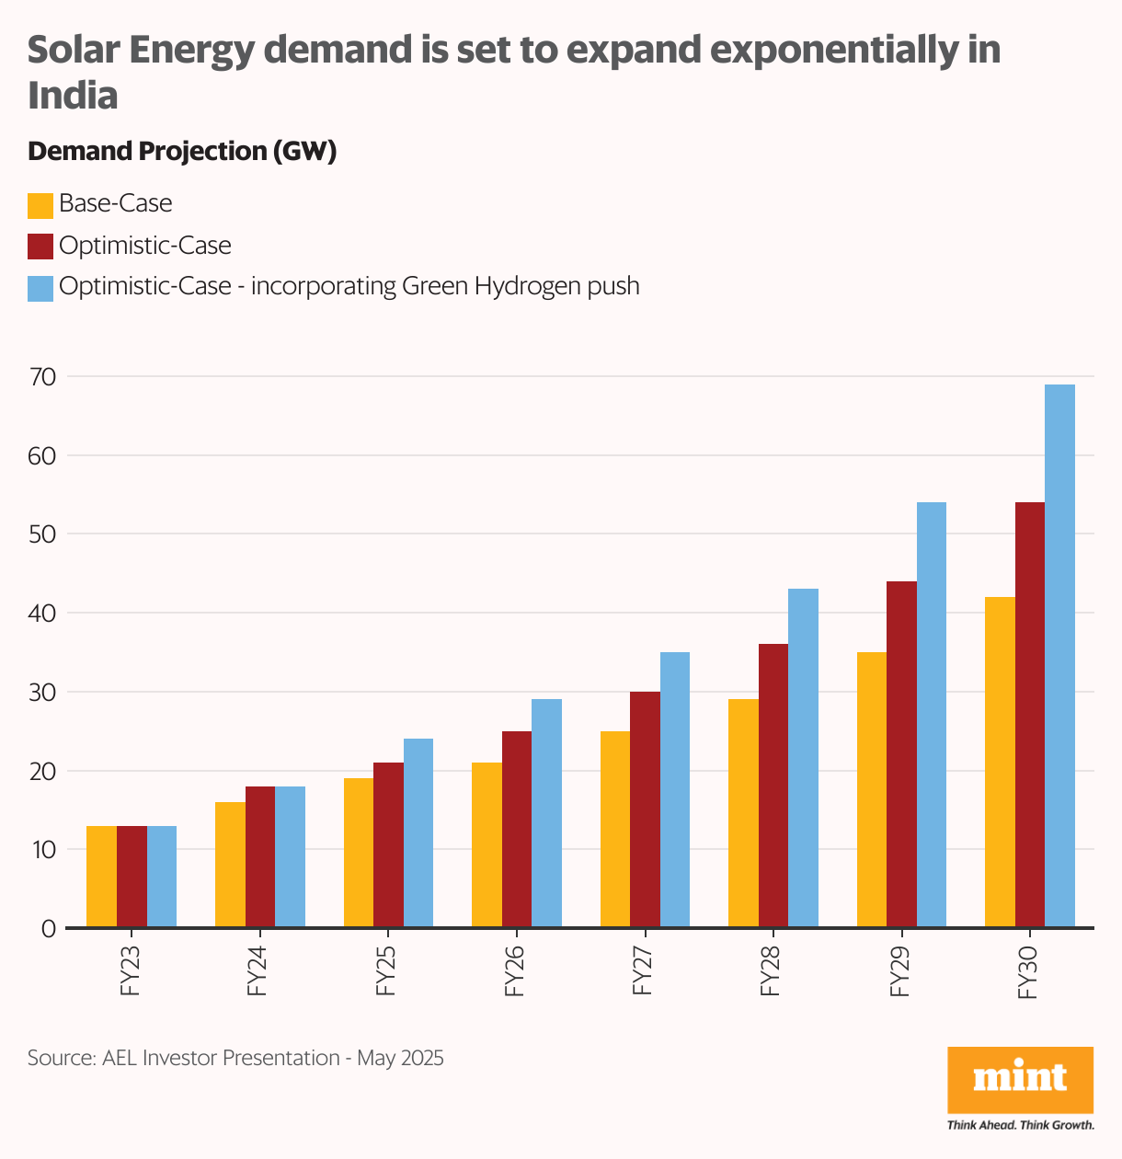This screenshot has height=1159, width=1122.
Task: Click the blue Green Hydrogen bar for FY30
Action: (1059, 655)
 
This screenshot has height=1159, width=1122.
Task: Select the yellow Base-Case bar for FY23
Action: (101, 877)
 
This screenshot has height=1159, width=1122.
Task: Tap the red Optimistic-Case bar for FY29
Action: (901, 754)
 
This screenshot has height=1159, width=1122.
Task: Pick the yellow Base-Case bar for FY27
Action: (615, 829)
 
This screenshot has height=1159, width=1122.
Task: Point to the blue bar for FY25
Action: (418, 832)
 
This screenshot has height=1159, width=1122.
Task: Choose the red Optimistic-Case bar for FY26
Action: (517, 829)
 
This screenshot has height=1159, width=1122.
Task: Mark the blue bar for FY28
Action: (803, 758)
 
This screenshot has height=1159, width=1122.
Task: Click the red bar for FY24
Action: (260, 856)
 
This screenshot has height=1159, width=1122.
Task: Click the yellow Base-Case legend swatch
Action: (40, 205)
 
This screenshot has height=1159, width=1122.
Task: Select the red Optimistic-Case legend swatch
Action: (40, 247)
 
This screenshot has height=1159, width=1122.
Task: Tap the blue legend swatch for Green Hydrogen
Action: (40, 288)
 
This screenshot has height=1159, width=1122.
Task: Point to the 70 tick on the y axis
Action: (43, 377)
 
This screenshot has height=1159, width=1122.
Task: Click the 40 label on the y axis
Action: (43, 614)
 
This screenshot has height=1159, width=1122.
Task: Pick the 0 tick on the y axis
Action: (49, 929)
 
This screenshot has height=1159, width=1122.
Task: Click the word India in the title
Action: (74, 97)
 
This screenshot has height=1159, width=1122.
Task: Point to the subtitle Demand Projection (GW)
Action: (182, 151)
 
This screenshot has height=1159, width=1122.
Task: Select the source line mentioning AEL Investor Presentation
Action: (235, 1058)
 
